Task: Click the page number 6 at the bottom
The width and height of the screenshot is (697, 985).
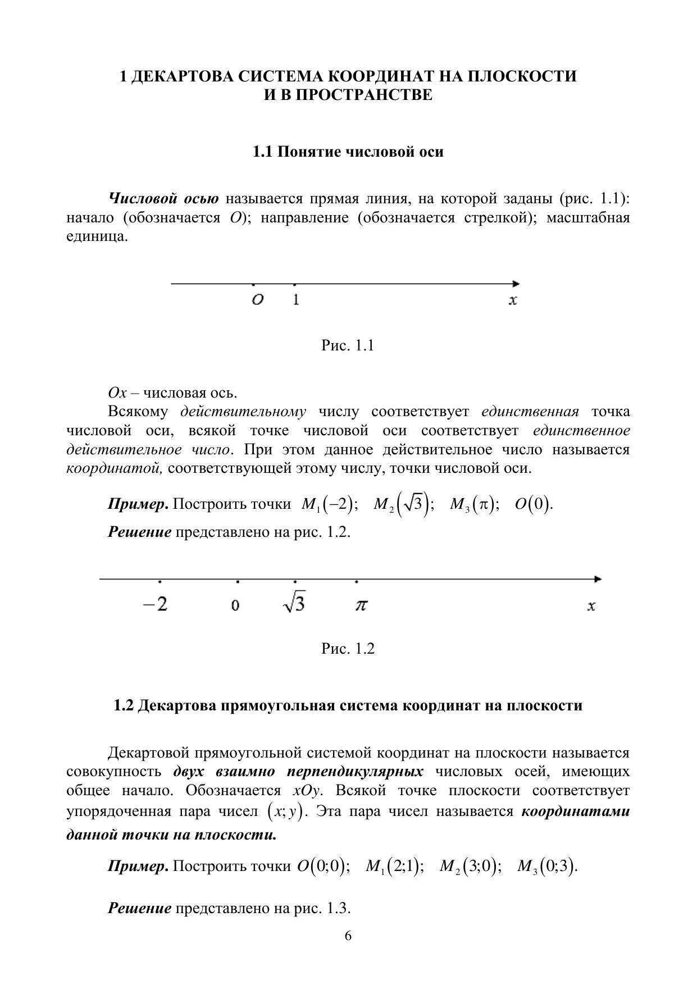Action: click(348, 936)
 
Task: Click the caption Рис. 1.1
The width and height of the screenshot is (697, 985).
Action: click(348, 345)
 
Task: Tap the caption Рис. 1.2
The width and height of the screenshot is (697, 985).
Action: click(348, 649)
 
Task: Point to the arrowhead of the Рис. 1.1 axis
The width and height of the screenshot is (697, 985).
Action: click(516, 284)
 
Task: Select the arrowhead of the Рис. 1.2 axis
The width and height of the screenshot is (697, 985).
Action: click(598, 579)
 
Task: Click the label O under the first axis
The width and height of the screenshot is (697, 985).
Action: click(257, 300)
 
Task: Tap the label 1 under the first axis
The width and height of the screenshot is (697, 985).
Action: click(296, 300)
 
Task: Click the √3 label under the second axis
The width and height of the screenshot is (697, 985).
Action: click(294, 604)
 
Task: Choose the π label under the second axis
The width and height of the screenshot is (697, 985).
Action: click(361, 605)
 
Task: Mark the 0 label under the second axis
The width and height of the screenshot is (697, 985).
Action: click(235, 605)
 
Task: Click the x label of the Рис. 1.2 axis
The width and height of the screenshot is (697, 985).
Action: click(591, 606)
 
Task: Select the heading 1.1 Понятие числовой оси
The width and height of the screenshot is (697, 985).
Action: click(348, 152)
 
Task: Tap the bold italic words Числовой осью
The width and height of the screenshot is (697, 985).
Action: click(163, 199)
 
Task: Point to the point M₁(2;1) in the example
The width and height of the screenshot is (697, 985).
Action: click(394, 867)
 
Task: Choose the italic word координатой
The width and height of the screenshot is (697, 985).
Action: click(114, 468)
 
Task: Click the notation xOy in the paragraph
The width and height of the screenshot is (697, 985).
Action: click(306, 791)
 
